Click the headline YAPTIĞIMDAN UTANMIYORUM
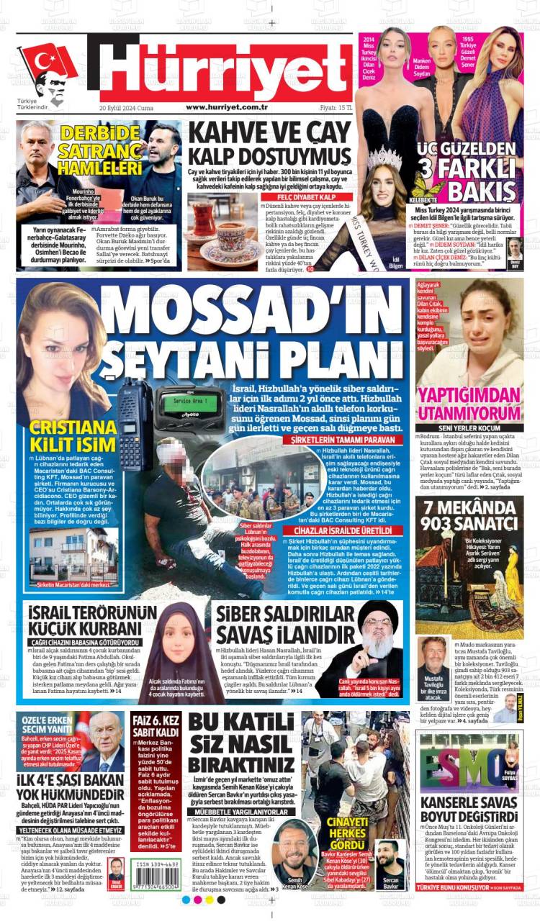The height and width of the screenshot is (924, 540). pos(469,404)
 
